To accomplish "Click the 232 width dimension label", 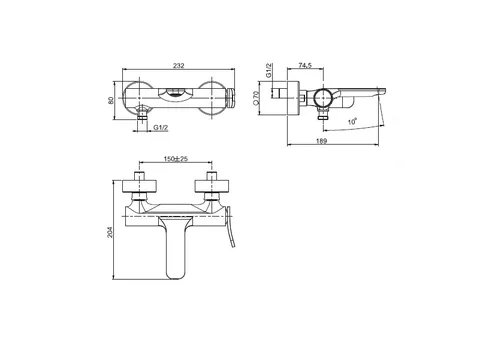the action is tap(179, 66).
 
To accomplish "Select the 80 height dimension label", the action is tap(111, 100).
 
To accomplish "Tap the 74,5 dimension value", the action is tap(305, 66).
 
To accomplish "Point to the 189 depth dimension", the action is tap(321, 141).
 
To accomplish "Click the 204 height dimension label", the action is tap(110, 232).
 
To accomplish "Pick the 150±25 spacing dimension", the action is tap(176, 159).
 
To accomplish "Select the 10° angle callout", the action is tap(352, 121).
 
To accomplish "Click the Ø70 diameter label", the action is tap(256, 98).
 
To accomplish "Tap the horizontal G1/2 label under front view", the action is tap(161, 128).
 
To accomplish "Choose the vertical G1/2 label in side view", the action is tap(269, 70).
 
